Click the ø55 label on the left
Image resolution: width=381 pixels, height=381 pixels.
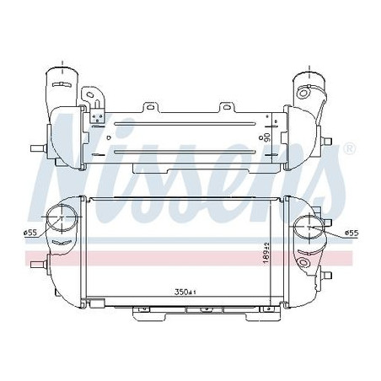(x=30, y=233)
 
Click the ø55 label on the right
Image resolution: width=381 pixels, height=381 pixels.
(x=351, y=233)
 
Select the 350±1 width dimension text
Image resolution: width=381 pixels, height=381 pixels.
(x=185, y=292)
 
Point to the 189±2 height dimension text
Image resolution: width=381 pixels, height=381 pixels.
(x=266, y=253)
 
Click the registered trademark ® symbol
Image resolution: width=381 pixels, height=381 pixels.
(x=350, y=148)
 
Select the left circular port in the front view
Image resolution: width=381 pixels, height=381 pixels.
(x=62, y=218)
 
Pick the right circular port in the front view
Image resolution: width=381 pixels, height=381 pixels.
(x=309, y=227)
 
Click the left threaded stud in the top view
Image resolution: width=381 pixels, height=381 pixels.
(x=39, y=148)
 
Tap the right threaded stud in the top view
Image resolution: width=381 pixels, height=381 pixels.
(x=327, y=141)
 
